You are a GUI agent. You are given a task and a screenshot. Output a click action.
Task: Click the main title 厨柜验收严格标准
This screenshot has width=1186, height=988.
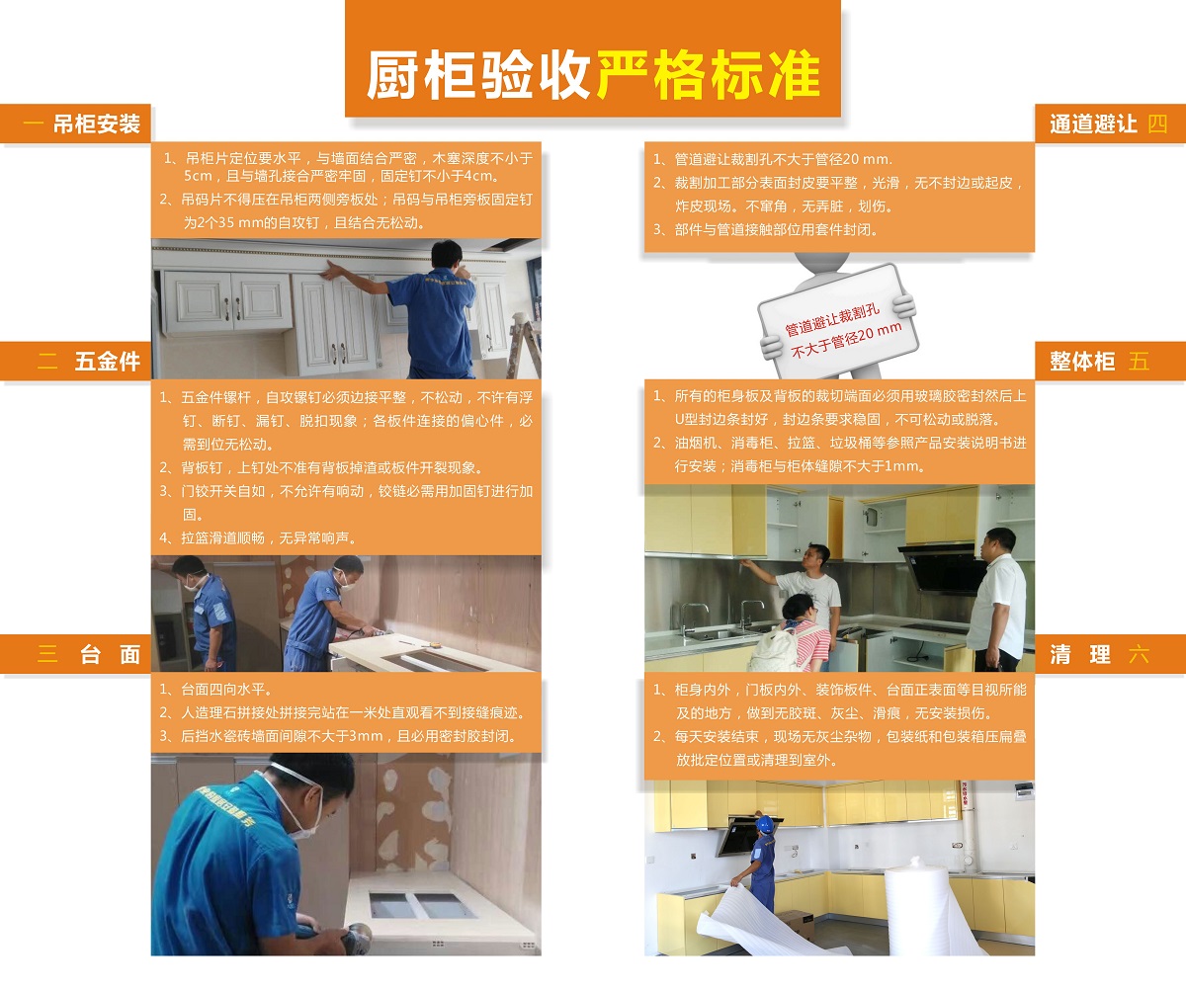pos(593,74)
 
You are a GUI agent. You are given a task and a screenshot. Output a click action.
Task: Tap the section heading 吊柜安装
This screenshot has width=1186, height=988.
pos(96,124)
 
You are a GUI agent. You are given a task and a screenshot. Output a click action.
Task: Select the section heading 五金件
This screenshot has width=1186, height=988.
pos(107,362)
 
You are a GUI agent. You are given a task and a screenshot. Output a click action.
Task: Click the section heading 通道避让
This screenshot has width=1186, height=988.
pos(1093,124)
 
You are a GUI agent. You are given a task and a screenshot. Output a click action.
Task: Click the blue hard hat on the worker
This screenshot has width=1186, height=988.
pos(764,823)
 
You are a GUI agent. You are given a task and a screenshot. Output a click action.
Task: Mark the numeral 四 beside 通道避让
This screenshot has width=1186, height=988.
pos(1157,124)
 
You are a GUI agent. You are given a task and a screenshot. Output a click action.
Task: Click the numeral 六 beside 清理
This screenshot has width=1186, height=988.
pos(1139,654)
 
